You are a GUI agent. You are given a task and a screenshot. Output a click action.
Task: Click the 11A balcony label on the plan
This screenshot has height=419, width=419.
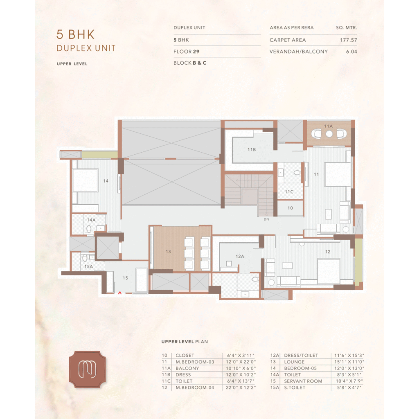click(x=328, y=126)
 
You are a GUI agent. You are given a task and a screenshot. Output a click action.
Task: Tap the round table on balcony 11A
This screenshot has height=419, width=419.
click(x=329, y=134)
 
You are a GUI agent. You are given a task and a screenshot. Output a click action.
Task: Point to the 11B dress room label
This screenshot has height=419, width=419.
click(x=252, y=150)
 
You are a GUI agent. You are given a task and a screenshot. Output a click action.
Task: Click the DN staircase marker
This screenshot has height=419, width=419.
click(x=266, y=219)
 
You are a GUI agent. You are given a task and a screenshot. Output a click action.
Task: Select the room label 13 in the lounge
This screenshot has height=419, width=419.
click(x=168, y=252)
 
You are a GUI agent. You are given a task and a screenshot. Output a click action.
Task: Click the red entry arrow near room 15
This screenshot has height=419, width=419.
click(x=120, y=293)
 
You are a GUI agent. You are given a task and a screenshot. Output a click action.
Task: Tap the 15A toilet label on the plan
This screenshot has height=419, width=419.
click(x=88, y=266)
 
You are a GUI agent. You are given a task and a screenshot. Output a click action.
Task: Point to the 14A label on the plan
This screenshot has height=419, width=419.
click(x=91, y=220)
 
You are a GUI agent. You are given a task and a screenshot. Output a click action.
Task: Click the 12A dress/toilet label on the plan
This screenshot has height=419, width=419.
click(x=240, y=256)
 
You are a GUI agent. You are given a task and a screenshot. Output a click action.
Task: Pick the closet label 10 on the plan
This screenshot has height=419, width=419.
click(x=290, y=208)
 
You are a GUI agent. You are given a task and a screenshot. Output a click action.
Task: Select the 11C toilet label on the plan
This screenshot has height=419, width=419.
click(x=289, y=191)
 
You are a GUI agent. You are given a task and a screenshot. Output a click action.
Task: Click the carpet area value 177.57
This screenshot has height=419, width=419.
click(x=349, y=40)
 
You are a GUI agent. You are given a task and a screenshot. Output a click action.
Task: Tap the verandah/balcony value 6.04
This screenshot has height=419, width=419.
click(x=351, y=52)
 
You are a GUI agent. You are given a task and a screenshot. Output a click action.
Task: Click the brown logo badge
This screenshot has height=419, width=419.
click(x=88, y=369)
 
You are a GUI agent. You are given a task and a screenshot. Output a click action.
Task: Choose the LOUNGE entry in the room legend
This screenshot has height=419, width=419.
click(x=294, y=362)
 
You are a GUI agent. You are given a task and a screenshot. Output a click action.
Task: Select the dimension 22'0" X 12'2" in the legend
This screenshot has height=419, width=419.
click(x=241, y=387)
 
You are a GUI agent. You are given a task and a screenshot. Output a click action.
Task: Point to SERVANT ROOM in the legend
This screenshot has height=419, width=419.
click(x=303, y=381)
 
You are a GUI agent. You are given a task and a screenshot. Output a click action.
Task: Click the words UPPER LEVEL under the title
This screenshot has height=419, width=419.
click(x=72, y=64)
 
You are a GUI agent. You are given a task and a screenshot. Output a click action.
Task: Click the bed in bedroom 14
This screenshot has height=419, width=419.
click(x=85, y=180)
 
